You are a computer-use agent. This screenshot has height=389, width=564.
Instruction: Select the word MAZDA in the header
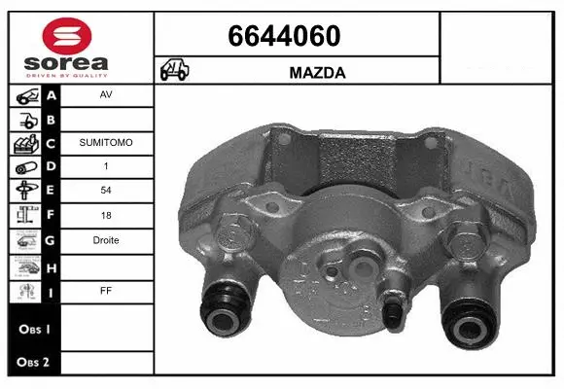coord(319,72)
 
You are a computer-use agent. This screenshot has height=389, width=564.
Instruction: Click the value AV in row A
coord(105,96)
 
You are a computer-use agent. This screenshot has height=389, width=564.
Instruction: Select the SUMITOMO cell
coord(105,142)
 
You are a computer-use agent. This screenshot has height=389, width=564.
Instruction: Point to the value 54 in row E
coord(105,192)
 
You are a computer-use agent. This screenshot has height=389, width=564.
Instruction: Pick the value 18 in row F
coord(105,216)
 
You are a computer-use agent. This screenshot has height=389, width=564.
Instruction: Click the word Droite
coord(105,240)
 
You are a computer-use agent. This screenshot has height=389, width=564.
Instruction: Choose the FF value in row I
coord(105,289)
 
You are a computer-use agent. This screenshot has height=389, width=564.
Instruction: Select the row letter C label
coord(52,143)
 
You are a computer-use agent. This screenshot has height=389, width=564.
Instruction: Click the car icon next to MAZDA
coord(175,71)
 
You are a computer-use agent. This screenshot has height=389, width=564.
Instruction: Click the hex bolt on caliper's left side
coord(231,235)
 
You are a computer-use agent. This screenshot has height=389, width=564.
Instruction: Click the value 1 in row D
coord(105,166)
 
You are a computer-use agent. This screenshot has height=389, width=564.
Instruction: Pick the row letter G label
coord(52,240)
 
